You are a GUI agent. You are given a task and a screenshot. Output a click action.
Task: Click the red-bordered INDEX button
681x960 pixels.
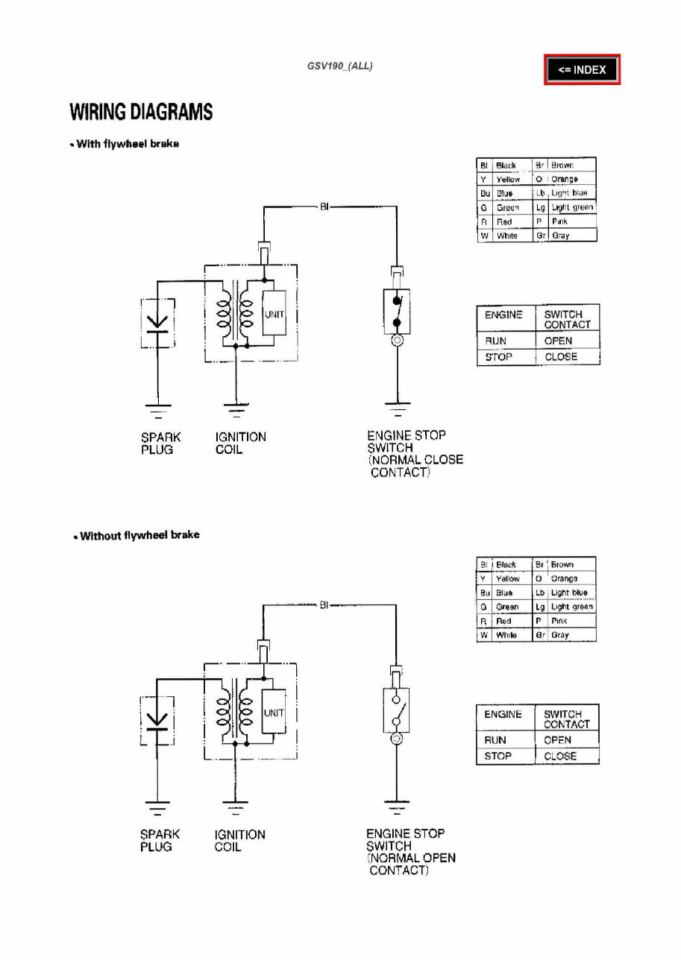582,70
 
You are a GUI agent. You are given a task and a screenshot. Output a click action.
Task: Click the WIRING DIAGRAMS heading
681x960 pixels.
141,113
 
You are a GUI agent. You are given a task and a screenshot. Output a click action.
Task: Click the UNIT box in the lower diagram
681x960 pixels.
274,713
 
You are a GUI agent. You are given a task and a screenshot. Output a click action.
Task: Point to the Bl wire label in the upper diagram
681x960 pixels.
324,207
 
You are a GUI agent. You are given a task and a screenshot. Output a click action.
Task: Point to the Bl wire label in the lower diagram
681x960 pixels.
324,605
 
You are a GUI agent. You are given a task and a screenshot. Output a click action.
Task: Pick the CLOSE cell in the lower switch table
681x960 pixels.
560,756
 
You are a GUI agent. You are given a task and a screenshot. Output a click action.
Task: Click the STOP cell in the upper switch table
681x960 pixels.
498,357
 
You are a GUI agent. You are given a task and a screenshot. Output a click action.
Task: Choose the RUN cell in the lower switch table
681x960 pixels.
495,740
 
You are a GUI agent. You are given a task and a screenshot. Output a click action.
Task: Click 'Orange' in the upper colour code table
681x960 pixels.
565,180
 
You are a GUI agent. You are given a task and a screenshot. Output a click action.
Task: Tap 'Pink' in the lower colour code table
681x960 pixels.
559,621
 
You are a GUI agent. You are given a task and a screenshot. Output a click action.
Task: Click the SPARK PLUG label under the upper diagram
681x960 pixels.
160,443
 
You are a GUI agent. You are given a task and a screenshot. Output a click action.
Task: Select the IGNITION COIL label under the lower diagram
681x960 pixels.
239,841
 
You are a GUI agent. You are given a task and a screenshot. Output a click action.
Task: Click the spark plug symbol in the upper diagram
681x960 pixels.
157,323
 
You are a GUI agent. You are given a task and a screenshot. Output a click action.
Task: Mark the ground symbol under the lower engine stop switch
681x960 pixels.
396,804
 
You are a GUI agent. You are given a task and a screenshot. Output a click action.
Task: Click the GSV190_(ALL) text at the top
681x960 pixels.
339,66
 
